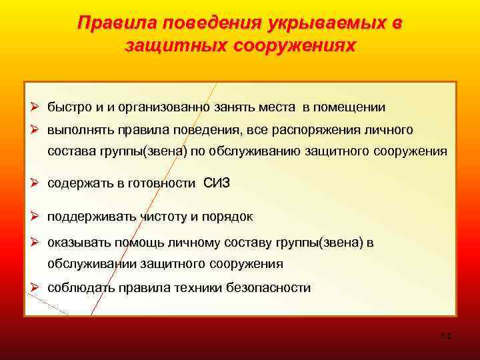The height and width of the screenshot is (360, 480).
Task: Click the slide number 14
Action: click(x=446, y=336)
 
